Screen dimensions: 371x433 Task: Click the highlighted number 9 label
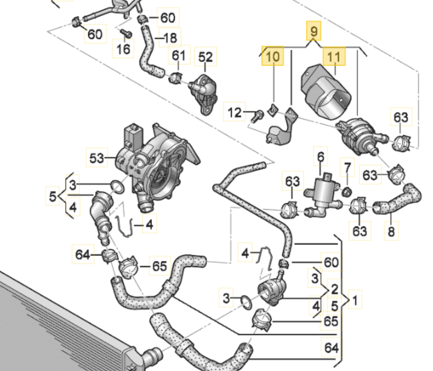coord(313,31)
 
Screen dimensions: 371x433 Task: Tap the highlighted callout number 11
coord(334,57)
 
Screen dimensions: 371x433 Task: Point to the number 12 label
coord(234,112)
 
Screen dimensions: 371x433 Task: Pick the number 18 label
coord(170,38)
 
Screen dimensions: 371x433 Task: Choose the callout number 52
coord(206,57)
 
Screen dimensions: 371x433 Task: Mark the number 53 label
coord(97,158)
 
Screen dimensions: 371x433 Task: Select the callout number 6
coord(320,157)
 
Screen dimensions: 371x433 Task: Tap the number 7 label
coord(347,168)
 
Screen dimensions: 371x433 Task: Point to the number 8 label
coord(391,231)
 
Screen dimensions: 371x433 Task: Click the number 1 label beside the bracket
coord(355,300)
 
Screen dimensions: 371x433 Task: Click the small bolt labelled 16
coord(127,34)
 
